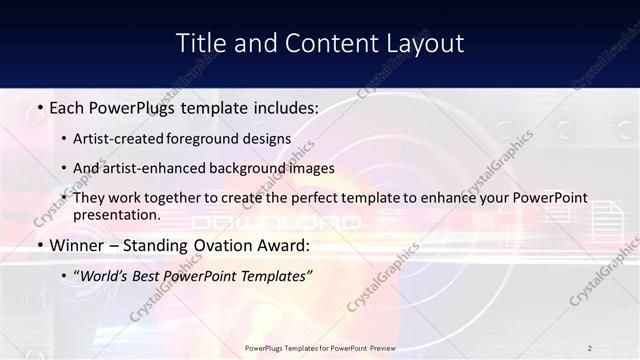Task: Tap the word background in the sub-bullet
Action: coord(255,168)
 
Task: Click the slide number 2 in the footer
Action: coord(590,348)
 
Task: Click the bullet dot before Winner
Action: coord(38,245)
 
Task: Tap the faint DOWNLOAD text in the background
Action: coord(276,222)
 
